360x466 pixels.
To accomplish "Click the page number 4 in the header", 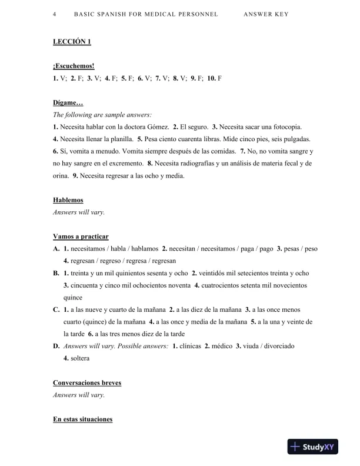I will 54,14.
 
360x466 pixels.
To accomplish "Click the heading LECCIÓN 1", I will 72,42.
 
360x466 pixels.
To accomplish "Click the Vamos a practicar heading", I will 81,237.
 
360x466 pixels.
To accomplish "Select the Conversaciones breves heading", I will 87,382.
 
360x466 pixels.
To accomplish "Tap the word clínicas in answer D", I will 189,345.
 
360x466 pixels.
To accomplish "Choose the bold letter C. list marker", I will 56,309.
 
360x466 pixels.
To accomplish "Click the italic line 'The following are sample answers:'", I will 102,115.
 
